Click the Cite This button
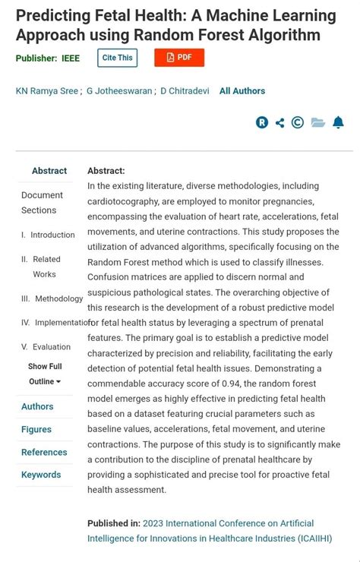[x=118, y=58]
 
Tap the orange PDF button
[x=179, y=58]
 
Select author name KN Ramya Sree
[x=46, y=91]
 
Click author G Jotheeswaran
[x=119, y=91]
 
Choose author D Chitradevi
[x=185, y=91]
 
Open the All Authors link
[x=242, y=91]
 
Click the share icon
[x=280, y=123]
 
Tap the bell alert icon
[x=338, y=123]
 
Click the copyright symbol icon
[x=298, y=123]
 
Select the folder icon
[x=317, y=123]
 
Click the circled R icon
[x=262, y=123]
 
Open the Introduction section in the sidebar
[x=52, y=235]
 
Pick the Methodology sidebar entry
[x=58, y=298]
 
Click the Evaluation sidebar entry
[x=52, y=347]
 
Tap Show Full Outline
[x=45, y=374]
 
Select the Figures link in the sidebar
[x=36, y=429]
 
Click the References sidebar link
[x=44, y=452]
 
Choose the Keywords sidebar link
[x=41, y=475]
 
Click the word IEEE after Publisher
[x=71, y=58]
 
